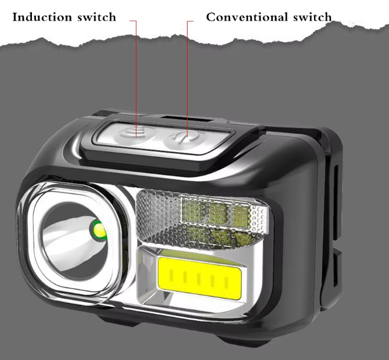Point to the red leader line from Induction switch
pyautogui.click(x=137, y=75)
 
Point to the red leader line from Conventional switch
pyautogui.click(x=188, y=75)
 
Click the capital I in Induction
pyautogui.click(x=15, y=16)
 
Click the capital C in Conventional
pyautogui.click(x=211, y=16)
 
